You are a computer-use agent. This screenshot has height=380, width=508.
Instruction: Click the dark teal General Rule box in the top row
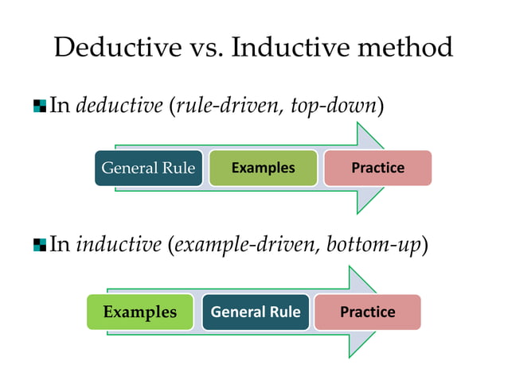149,168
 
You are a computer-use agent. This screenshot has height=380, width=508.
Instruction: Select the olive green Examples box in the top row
263,168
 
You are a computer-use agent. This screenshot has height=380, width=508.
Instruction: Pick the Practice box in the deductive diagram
377,168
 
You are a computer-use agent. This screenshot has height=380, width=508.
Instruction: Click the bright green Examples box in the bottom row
140,312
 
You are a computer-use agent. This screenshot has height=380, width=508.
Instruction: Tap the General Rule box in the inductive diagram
256,312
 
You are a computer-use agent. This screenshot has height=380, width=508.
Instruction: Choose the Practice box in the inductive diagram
367,312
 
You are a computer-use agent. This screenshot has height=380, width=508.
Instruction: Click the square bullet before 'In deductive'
40,107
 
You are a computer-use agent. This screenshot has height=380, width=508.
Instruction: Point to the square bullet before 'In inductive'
40,245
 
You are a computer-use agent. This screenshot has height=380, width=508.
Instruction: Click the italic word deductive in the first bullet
119,106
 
